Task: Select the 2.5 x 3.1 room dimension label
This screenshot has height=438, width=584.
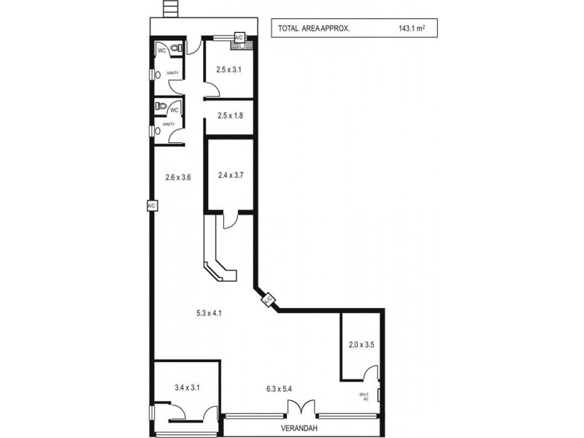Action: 228,70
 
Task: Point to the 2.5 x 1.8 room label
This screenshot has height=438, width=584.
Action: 228,115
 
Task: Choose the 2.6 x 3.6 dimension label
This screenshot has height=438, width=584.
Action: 178,177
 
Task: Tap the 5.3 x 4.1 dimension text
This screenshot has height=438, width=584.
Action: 209,313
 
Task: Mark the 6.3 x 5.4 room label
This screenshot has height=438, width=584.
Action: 282,388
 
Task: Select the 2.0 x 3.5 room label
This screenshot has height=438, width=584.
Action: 361,345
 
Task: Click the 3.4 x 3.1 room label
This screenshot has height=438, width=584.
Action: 187,388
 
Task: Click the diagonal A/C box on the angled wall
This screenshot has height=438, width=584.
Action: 268,299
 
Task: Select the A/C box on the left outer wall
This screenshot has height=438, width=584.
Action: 152,206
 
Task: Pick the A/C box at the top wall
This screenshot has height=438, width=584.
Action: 239,37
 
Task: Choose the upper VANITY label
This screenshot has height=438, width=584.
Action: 173,74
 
